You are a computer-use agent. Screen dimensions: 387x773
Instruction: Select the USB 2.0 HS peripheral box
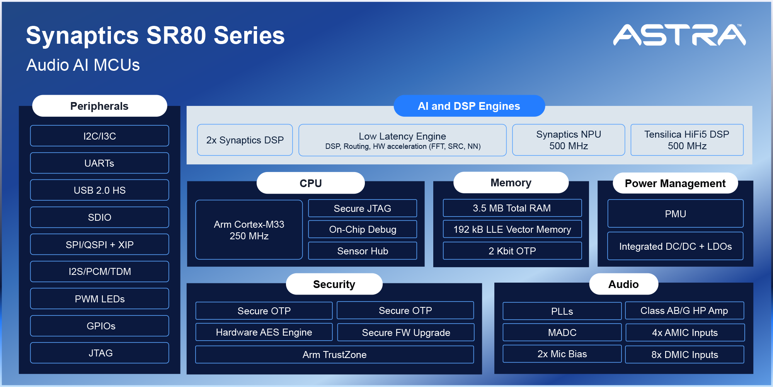point(99,190)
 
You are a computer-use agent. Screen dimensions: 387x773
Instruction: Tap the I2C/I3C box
point(99,136)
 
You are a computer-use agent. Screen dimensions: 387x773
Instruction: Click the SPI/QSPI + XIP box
point(99,244)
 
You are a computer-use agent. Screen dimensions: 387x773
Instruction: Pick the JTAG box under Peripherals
point(99,353)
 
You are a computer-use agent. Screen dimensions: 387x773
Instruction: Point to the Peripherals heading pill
point(99,106)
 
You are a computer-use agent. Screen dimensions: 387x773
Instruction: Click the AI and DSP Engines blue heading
point(469,106)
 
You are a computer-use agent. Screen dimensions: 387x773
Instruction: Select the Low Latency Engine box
point(402,140)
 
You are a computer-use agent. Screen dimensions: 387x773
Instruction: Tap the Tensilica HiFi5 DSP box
point(687,140)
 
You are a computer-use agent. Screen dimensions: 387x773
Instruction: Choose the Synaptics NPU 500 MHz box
point(568,140)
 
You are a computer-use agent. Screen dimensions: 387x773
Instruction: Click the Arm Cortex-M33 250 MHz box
point(249,230)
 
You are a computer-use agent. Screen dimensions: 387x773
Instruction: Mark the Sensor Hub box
point(363,251)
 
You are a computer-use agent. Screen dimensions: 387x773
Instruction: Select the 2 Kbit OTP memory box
point(512,251)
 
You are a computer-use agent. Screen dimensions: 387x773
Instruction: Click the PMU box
point(675,213)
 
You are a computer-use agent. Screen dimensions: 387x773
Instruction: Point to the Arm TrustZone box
point(334,355)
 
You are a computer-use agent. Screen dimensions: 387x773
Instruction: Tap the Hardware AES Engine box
point(264,332)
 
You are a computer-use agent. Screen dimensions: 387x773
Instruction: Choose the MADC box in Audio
point(562,332)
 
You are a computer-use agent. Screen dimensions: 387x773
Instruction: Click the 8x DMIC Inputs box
point(684,355)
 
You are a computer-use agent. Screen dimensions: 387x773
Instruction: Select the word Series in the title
point(249,36)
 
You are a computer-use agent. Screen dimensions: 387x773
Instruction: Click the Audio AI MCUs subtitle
point(83,65)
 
